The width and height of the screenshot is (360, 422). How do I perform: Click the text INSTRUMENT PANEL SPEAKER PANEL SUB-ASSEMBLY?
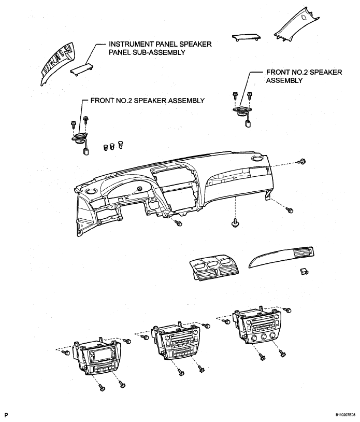(160, 48)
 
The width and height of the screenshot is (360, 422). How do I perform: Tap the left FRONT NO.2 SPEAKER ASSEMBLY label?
(148, 101)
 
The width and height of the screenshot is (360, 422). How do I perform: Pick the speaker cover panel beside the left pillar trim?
(82, 69)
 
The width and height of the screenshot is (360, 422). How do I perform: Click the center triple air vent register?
(212, 269)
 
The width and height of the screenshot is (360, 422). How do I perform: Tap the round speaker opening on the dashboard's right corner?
(258, 158)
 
